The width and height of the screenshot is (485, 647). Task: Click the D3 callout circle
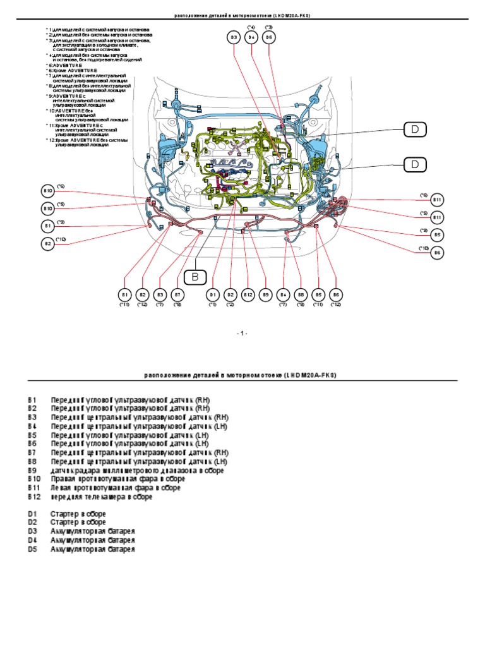pyautogui.click(x=233, y=38)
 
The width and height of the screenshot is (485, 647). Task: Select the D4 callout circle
pyautogui.click(x=251, y=38)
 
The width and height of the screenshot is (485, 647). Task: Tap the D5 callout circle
pyautogui.click(x=268, y=38)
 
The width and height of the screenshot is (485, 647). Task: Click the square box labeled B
pyautogui.click(x=195, y=276)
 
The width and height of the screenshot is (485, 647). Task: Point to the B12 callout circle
pyautogui.click(x=248, y=294)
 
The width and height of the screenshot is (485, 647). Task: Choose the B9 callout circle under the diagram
pyautogui.click(x=266, y=294)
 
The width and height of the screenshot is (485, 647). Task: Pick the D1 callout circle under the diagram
pyautogui.click(x=212, y=294)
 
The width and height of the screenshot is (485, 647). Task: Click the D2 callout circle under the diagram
pyautogui.click(x=230, y=294)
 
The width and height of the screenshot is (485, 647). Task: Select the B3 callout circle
pyautogui.click(x=160, y=294)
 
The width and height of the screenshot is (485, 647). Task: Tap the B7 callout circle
pyautogui.click(x=178, y=294)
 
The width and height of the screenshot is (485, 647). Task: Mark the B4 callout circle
pyautogui.click(x=284, y=294)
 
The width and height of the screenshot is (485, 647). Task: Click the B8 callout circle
pyautogui.click(x=301, y=294)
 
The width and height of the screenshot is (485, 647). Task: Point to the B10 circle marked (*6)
pyautogui.click(x=47, y=191)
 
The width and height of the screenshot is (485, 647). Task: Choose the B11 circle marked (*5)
pyautogui.click(x=438, y=217)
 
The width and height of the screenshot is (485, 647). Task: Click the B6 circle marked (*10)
pyautogui.click(x=438, y=253)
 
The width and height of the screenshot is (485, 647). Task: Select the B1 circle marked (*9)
pyautogui.click(x=47, y=226)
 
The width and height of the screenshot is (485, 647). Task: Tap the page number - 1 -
pyautogui.click(x=242, y=332)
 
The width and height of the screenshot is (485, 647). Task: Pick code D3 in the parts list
pyautogui.click(x=33, y=532)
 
